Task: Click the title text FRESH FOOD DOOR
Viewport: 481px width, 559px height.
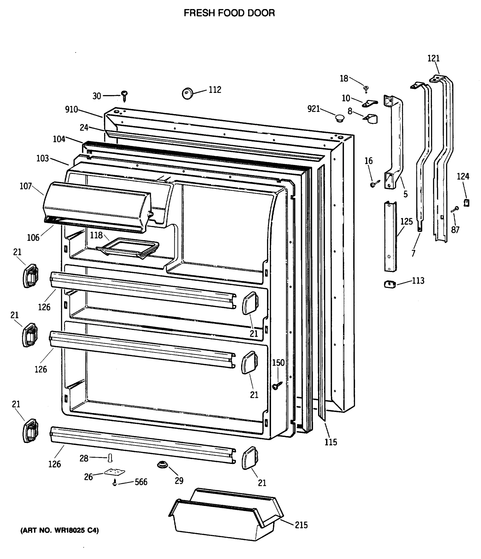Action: tap(229, 13)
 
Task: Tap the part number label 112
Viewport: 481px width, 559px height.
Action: tap(215, 90)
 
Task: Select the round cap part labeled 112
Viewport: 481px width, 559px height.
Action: tap(187, 93)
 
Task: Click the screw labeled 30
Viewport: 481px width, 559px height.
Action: tap(125, 96)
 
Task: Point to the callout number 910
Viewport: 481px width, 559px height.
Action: tap(71, 109)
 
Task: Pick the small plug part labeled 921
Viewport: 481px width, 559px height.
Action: tap(340, 118)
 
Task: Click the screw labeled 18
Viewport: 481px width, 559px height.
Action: tap(366, 89)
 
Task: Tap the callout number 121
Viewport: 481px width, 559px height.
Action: tap(434, 58)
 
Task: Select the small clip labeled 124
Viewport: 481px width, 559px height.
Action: tap(466, 202)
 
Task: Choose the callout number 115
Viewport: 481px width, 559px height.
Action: tap(331, 442)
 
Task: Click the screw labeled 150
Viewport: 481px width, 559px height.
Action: tap(277, 385)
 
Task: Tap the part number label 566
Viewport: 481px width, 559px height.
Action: tap(141, 482)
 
